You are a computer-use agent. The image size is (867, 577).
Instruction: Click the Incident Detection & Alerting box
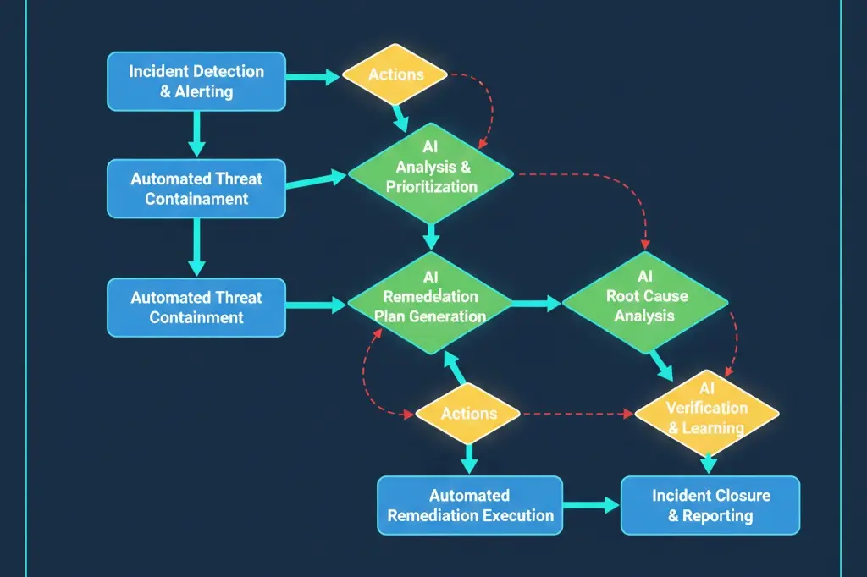[196, 81]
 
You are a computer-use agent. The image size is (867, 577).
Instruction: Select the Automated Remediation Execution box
[469, 505]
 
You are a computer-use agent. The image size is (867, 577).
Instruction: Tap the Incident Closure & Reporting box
[710, 505]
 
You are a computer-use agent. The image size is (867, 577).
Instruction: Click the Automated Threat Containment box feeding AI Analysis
[196, 189]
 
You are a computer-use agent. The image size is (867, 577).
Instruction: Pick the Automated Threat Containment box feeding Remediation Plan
[196, 307]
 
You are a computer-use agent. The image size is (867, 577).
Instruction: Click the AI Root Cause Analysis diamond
[645, 305]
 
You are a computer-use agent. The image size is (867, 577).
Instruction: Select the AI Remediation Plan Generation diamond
[430, 305]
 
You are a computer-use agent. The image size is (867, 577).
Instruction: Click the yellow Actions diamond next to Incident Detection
[395, 74]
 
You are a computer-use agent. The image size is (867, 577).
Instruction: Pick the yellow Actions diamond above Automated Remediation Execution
[468, 414]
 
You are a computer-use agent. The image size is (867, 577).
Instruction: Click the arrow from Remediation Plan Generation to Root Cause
[535, 302]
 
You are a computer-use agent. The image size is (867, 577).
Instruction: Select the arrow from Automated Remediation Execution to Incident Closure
[591, 505]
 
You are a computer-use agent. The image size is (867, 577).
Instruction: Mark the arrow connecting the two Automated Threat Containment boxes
[196, 245]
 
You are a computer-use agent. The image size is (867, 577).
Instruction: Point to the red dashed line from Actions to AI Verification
[576, 415]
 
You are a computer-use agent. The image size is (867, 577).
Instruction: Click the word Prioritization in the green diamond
[431, 187]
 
